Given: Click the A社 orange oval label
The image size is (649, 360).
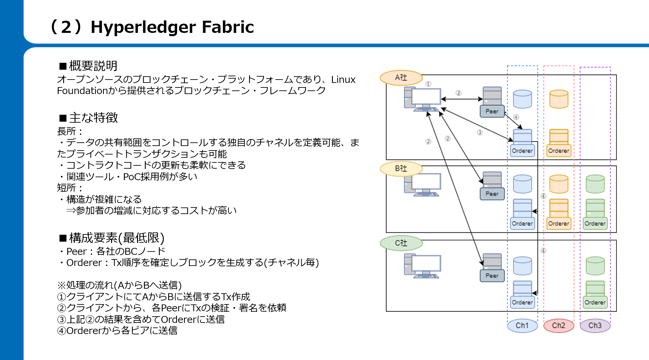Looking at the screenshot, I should [x=401, y=78].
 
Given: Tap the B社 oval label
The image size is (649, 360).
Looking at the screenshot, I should [x=401, y=169].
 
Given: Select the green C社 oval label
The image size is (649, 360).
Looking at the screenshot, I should [x=401, y=243].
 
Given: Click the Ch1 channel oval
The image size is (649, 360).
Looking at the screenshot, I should [x=522, y=325].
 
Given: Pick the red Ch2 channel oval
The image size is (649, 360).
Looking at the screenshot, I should [x=559, y=325].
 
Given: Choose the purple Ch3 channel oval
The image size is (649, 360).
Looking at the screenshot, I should [x=595, y=325].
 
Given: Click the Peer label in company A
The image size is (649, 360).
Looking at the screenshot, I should [x=492, y=111].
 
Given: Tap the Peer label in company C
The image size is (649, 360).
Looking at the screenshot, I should [x=492, y=276].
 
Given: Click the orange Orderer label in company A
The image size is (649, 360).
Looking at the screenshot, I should [x=559, y=151].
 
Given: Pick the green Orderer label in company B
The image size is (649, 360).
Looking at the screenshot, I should [x=595, y=224].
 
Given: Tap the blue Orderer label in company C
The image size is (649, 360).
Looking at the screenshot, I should [x=522, y=302].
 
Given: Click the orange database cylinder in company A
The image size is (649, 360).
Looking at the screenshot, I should [x=559, y=99].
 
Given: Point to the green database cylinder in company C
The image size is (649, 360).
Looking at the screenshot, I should [x=595, y=266].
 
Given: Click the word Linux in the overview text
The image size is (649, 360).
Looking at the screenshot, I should [x=343, y=80].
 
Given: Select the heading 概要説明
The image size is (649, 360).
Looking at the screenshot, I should [x=93, y=66].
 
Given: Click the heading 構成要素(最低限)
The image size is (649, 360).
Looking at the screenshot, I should [x=116, y=238].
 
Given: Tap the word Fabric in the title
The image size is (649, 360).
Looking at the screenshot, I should [x=227, y=27].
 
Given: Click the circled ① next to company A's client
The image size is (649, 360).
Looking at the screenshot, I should [x=428, y=84].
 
